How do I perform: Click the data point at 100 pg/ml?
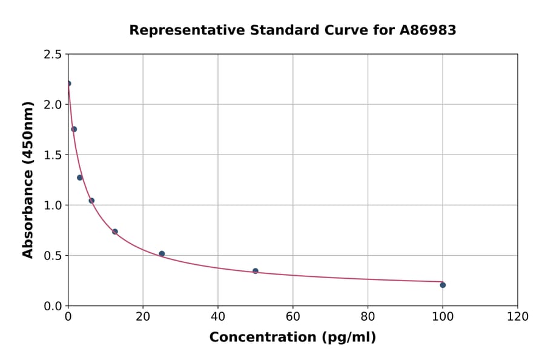coord(443,285)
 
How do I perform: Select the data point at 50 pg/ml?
coord(256,271)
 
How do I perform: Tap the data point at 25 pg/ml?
coord(162,254)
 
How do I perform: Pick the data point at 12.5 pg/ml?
coord(115,232)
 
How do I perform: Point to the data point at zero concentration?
coord(68,84)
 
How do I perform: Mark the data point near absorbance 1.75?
coord(74,129)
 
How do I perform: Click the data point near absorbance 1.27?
coord(80,178)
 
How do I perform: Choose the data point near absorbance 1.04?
coord(91,201)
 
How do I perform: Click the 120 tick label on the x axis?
coord(517,316)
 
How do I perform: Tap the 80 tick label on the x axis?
coord(368,316)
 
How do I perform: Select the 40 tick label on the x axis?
coord(218,316)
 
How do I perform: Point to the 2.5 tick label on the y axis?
coord(53,55)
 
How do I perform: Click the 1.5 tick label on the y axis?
coord(53,155)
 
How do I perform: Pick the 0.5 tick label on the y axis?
coord(53,256)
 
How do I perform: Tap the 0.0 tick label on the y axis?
coord(53,306)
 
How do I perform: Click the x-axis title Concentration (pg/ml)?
coord(292,338)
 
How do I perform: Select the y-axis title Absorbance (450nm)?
coord(28,179)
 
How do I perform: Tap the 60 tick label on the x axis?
coord(292,316)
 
